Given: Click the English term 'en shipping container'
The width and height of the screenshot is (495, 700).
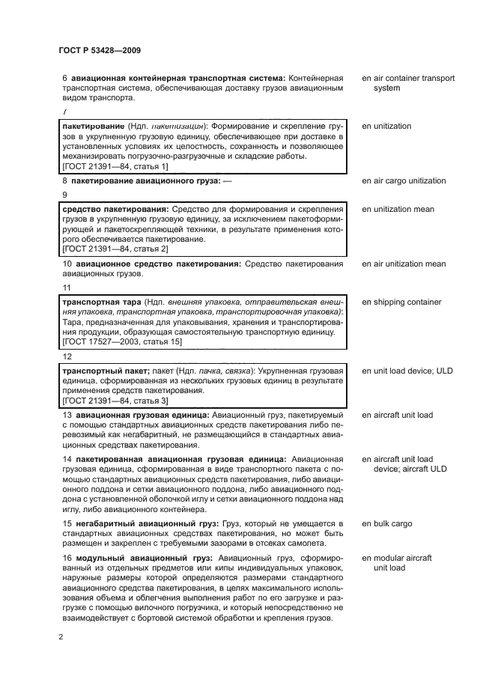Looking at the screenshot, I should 401,302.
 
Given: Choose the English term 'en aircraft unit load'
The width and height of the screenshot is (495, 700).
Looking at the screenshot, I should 397,415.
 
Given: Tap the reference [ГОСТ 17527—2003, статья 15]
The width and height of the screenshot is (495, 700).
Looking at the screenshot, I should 121,341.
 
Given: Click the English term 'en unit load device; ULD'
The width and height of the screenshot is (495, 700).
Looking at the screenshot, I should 407,371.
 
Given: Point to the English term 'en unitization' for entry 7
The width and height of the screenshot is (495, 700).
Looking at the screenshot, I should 386,127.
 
